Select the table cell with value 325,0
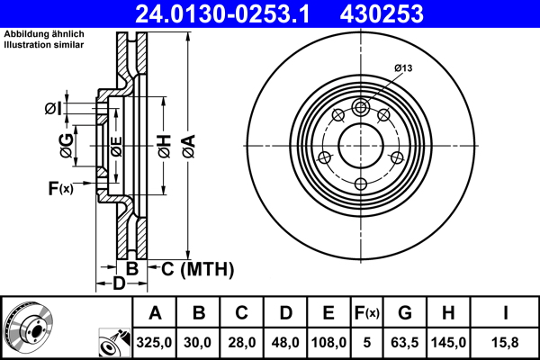point(155,342)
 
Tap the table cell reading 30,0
point(199,342)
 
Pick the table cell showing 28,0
point(242,342)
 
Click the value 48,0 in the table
point(285,342)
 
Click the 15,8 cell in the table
point(506,342)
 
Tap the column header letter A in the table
point(155,313)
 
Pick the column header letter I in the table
point(506,313)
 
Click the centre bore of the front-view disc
point(360,145)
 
